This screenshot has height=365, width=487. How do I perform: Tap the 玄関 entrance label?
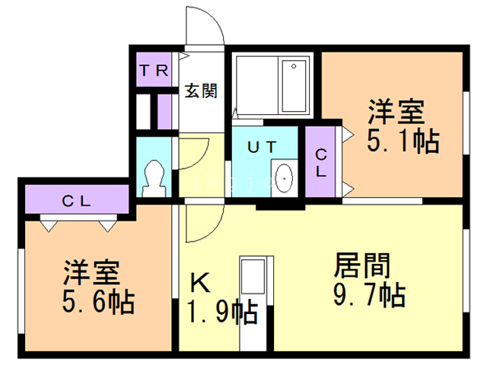click(x=202, y=91)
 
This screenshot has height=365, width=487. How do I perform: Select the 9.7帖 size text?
click(x=368, y=293)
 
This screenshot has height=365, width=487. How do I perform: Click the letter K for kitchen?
click(x=199, y=284)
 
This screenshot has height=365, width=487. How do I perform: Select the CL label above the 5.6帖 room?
click(x=77, y=202)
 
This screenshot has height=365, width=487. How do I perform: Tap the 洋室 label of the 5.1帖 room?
click(x=396, y=113)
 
